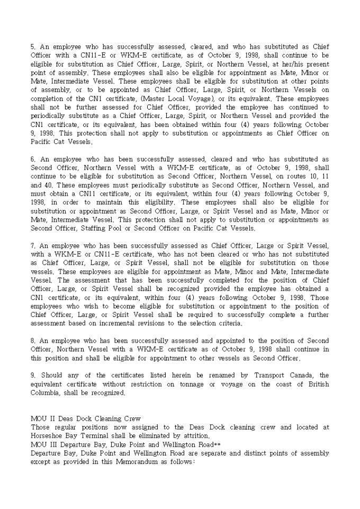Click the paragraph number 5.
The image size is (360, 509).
[x=33, y=47]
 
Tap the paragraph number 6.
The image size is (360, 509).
[x=33, y=159]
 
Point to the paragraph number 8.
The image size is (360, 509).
[x=33, y=341]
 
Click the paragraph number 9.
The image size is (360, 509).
[x=33, y=375]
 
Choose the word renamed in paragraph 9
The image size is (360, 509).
[x=214, y=375]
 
